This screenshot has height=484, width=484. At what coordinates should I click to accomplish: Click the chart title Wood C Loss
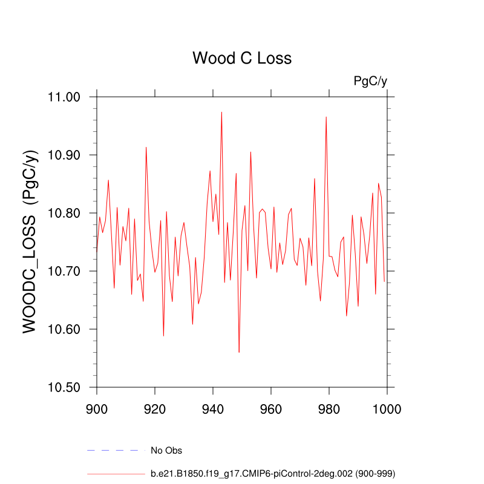[x=242, y=59]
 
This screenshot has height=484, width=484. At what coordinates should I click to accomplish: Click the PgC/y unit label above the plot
[x=370, y=81]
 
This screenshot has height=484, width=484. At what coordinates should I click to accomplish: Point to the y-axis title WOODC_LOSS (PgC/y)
[x=31, y=241]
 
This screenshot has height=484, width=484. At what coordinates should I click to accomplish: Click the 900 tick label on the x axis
[x=97, y=409]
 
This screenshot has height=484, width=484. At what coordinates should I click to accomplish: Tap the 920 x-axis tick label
[x=155, y=409]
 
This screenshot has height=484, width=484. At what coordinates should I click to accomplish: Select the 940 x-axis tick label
[x=213, y=409]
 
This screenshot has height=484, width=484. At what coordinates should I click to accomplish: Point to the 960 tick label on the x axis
[x=271, y=409]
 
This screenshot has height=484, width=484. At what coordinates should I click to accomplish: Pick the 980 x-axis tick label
[x=329, y=409]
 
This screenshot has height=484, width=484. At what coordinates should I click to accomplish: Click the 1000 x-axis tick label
[x=386, y=409]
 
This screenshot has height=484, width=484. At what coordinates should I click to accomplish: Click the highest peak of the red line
[x=221, y=112]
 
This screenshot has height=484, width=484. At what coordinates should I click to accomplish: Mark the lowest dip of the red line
[x=239, y=352]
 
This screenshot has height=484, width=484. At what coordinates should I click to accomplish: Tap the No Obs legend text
[x=166, y=451]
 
